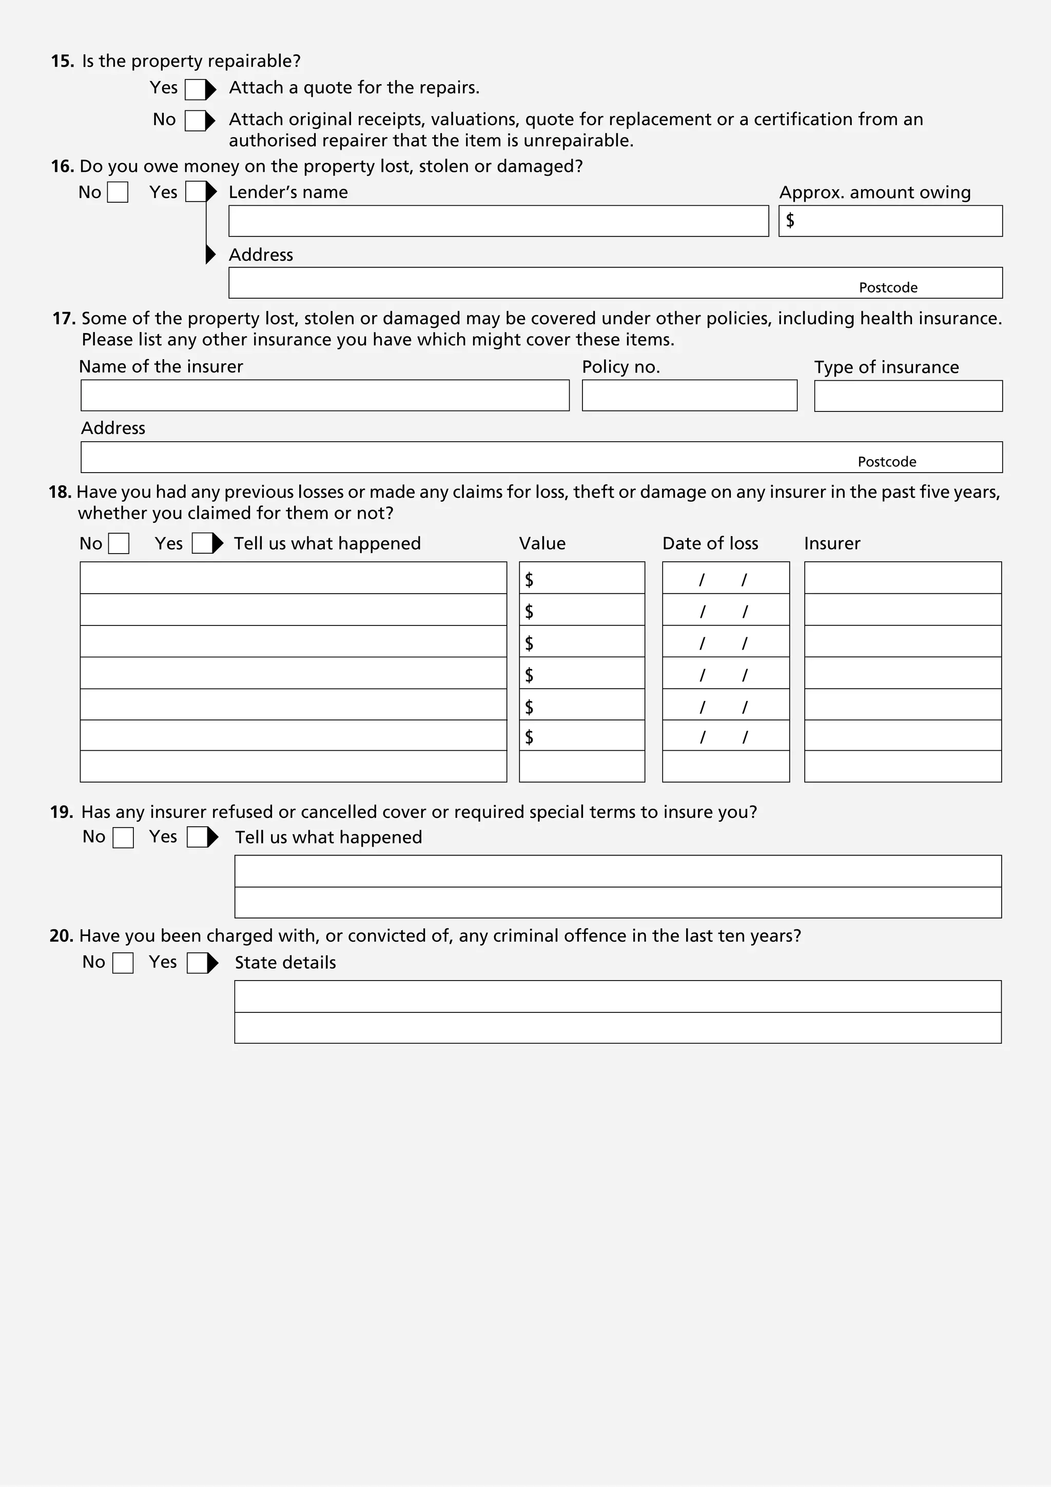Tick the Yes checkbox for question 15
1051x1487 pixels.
[195, 89]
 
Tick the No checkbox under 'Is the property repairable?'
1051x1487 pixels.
[195, 121]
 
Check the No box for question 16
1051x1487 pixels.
[117, 192]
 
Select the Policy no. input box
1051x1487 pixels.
[689, 396]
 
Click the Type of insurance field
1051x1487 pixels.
[908, 396]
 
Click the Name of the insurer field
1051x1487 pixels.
[324, 396]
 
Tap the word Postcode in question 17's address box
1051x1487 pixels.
[886, 462]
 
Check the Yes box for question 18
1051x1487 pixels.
[202, 543]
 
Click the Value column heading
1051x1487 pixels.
[542, 543]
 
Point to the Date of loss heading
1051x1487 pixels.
[710, 543]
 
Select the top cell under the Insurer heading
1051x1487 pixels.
[902, 578]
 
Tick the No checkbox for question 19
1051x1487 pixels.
[123, 837]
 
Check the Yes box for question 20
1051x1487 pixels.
[197, 963]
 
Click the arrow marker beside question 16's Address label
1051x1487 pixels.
[210, 255]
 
